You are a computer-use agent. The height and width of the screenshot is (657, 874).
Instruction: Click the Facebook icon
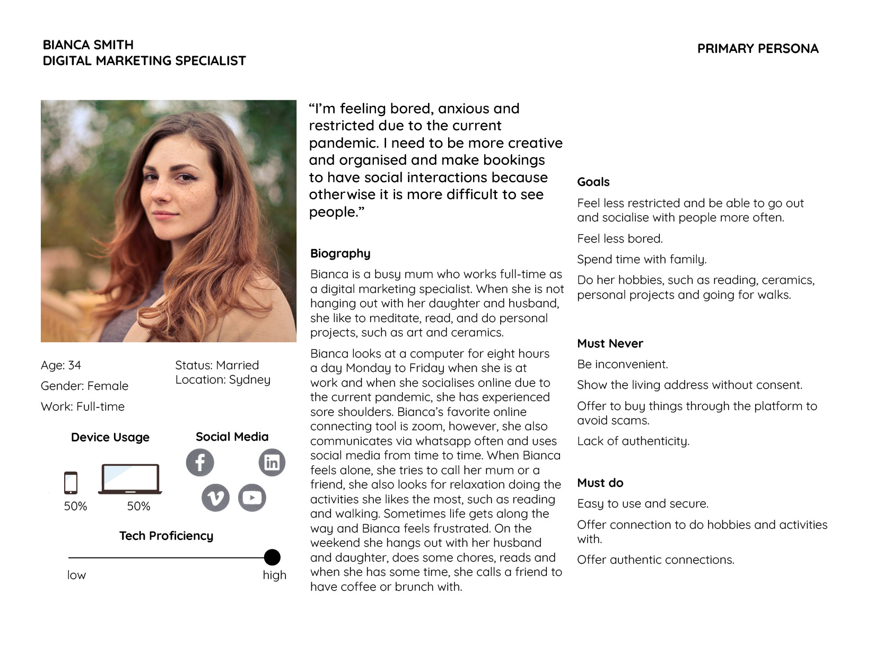point(200,463)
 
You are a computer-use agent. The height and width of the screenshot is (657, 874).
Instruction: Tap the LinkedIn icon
point(272,463)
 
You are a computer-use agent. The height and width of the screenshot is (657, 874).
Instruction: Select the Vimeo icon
point(215,498)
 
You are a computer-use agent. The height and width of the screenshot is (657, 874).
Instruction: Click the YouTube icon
point(252,498)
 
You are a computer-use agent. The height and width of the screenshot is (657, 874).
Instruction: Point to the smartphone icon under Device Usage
point(71,483)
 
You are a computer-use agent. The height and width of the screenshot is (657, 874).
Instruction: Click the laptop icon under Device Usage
point(130,479)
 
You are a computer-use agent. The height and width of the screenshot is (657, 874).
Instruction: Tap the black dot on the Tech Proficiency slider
point(272,557)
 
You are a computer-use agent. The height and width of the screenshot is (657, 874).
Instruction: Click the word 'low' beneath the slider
point(76,575)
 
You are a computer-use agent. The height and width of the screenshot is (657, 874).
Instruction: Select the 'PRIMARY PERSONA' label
point(757,49)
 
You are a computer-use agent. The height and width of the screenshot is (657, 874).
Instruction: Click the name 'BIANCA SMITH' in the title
point(88,45)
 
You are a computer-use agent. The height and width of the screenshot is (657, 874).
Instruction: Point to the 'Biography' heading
point(340,253)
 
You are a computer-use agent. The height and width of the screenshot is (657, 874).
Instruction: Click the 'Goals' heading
point(593,182)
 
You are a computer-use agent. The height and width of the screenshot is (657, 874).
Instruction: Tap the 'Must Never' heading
point(610,343)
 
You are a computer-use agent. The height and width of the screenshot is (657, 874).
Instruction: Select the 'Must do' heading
point(600,483)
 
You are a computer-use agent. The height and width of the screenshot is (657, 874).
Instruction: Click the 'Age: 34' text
point(61,365)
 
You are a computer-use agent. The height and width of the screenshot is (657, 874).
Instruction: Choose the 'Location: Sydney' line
point(223,380)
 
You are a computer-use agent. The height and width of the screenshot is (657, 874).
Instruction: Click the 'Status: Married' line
point(217,365)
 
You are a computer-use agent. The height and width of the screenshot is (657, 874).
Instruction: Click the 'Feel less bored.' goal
point(619,238)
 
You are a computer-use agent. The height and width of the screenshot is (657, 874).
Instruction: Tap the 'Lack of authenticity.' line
point(633,441)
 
